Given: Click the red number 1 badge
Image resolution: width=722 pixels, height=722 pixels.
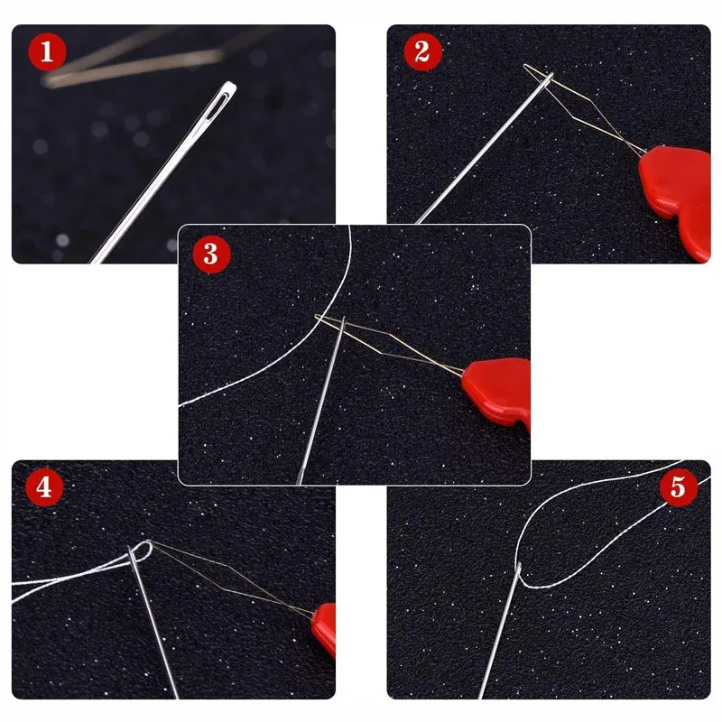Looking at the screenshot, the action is click(x=47, y=51).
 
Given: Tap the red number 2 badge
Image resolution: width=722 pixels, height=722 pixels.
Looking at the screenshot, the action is click(x=422, y=51).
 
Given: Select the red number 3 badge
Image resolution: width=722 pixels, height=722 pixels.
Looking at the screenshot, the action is click(x=211, y=254).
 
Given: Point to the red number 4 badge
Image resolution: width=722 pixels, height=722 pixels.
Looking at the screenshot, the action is click(x=44, y=487).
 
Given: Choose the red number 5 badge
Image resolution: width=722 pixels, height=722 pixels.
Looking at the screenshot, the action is click(x=679, y=487).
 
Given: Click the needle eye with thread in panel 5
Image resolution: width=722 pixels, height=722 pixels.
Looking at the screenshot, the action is click(x=518, y=571).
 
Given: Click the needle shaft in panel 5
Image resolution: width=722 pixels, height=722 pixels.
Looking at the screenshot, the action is click(x=499, y=632).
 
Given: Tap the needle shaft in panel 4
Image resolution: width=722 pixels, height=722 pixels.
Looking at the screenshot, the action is click(x=153, y=623).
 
